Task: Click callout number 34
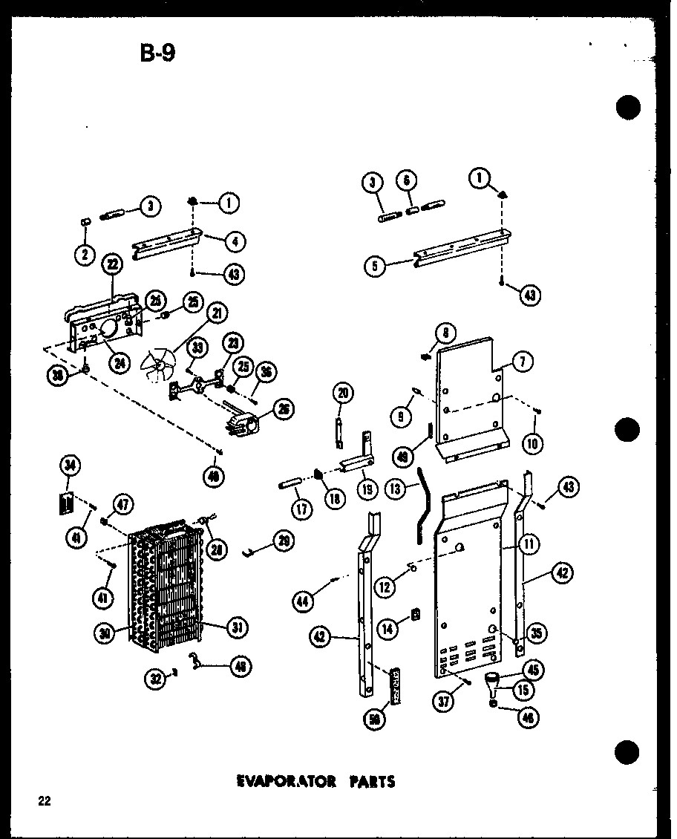pyautogui.click(x=69, y=466)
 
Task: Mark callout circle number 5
pyautogui.click(x=376, y=266)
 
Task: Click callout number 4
pyautogui.click(x=235, y=241)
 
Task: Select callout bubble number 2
pyautogui.click(x=85, y=254)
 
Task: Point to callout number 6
pyautogui.click(x=407, y=180)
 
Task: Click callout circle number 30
pyautogui.click(x=106, y=633)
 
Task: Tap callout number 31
pyautogui.click(x=236, y=627)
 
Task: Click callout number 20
pyautogui.click(x=343, y=393)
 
